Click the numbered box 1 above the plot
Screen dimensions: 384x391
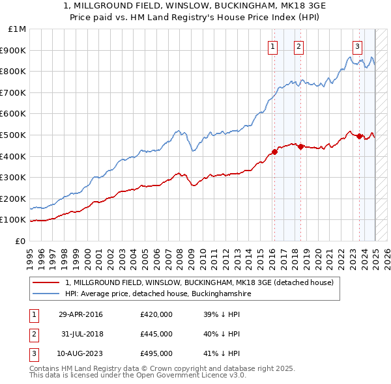[x=272, y=46]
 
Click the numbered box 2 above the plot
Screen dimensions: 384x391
[x=298, y=46]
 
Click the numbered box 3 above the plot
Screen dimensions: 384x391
[x=358, y=46]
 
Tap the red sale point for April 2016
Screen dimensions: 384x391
[x=274, y=152]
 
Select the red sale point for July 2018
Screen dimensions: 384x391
[x=300, y=147]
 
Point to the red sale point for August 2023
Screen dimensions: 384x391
[x=360, y=136]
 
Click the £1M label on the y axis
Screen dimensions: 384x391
[x=18, y=29]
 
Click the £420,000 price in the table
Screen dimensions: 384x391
[x=156, y=314]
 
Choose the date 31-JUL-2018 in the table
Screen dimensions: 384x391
[x=80, y=334]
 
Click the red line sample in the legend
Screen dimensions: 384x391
[x=47, y=283]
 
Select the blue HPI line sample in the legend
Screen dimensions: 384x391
[x=47, y=294]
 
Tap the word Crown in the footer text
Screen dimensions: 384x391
[x=164, y=368]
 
